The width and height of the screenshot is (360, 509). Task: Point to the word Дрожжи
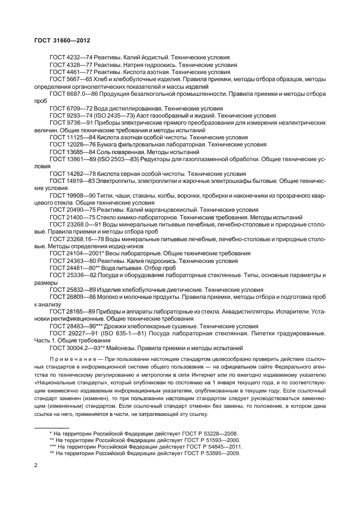point(113,327)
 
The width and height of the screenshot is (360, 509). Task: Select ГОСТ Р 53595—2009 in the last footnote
point(208,453)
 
